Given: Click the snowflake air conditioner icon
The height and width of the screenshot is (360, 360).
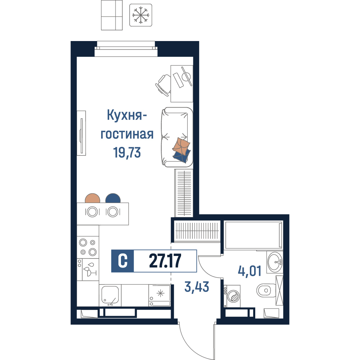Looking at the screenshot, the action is (x=141, y=15).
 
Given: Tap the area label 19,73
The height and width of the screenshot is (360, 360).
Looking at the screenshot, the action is (x=127, y=152).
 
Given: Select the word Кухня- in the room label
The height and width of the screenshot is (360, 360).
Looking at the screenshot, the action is (x=127, y=115).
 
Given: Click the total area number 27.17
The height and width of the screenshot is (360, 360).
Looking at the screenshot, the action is (x=165, y=261).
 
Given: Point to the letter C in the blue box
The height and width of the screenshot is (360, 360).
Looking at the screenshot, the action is (x=123, y=261).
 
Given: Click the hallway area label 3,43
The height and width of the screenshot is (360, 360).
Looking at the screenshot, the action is (x=197, y=287).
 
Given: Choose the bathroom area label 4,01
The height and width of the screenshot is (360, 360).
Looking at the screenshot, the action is (x=249, y=271).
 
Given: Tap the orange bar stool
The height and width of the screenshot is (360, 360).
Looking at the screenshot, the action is (x=93, y=198).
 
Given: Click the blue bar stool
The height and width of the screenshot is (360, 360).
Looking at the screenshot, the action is (x=113, y=198).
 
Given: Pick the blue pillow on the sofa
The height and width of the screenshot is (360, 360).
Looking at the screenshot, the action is (x=181, y=156).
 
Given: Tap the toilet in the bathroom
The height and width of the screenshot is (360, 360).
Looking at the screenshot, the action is (x=266, y=290).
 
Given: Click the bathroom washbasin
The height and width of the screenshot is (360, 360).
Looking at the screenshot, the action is (x=275, y=262).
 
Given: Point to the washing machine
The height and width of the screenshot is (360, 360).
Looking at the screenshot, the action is (x=232, y=296).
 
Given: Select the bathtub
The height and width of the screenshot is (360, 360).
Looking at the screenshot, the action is (x=253, y=235).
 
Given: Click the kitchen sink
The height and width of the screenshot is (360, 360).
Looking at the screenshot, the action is (x=110, y=295).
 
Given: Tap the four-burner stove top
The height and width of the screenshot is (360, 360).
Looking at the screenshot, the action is (x=88, y=247).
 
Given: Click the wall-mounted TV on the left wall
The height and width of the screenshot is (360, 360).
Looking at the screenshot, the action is (x=81, y=133).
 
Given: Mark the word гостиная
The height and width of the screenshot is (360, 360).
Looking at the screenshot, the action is (x=127, y=134).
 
